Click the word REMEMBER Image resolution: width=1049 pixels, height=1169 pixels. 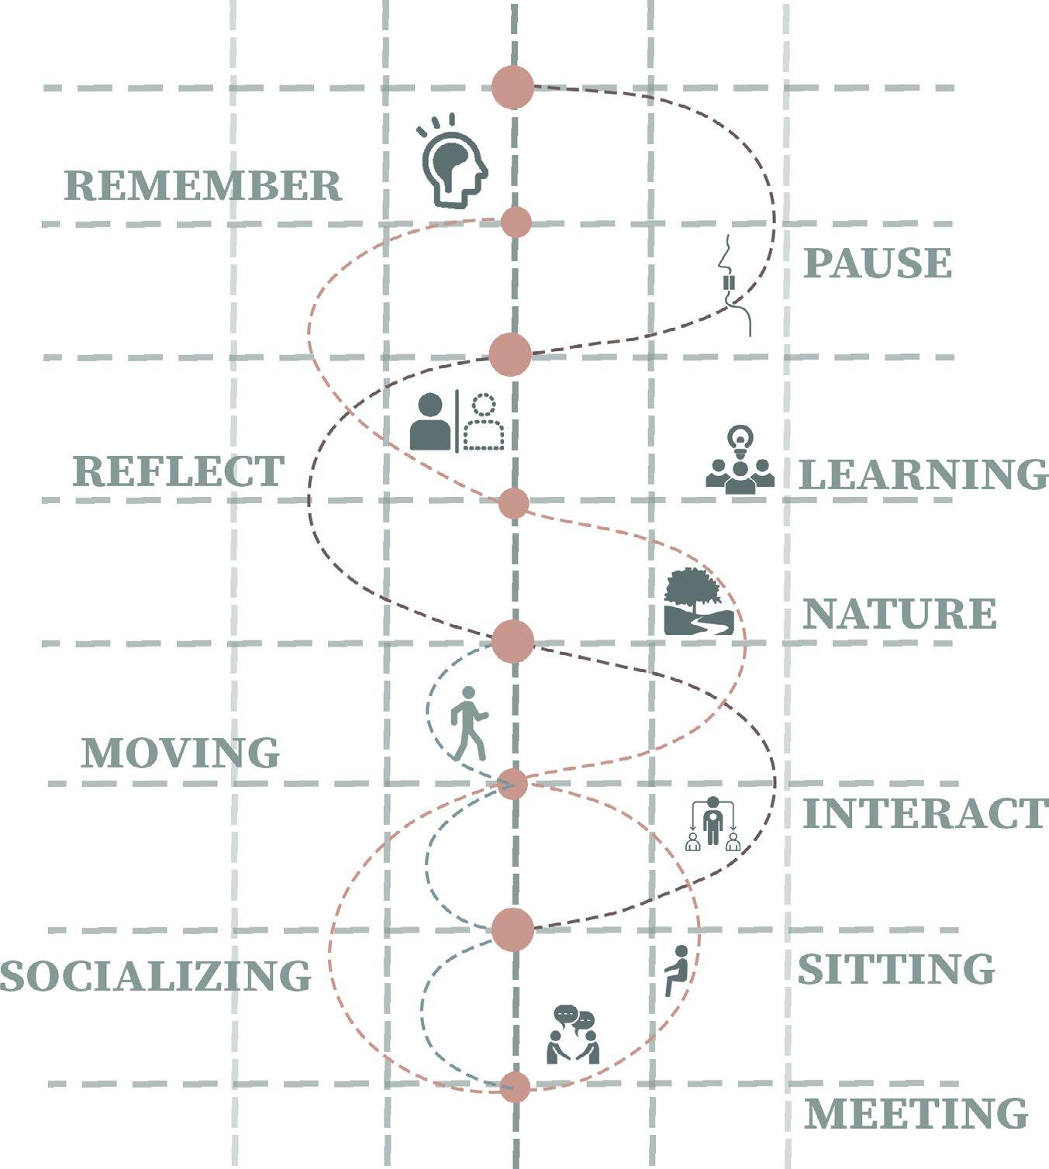point(202,186)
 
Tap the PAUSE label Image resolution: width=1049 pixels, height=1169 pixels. point(877,264)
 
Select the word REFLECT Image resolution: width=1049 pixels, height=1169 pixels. point(179,471)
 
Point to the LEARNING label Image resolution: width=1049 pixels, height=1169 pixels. point(923,474)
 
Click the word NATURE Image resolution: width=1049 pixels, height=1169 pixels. point(899,614)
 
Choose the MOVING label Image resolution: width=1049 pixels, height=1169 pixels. point(181,753)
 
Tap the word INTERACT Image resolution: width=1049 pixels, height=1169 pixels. point(925,814)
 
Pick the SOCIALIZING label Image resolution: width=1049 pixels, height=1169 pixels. point(155,975)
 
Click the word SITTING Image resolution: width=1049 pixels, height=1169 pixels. point(896,969)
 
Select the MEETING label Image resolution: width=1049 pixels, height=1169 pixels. point(916,1114)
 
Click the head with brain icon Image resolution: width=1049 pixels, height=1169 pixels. point(453,163)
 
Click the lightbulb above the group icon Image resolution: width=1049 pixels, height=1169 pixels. point(740,440)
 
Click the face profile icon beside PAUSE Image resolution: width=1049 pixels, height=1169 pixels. point(733,283)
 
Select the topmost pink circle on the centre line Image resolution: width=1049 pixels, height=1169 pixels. point(513,87)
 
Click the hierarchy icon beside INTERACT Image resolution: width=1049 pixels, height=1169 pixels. point(713,825)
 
